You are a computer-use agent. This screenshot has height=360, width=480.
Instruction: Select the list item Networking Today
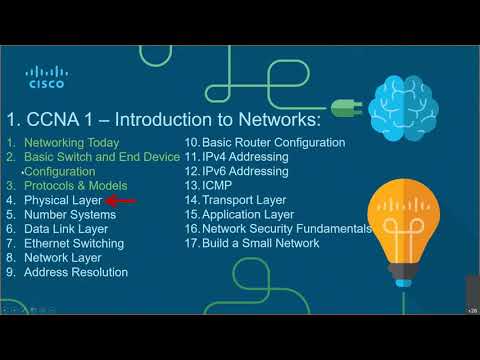[71, 143]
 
